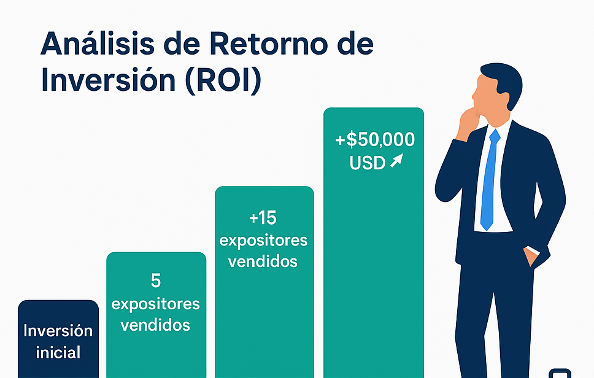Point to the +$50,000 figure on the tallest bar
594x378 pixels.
click(x=374, y=140)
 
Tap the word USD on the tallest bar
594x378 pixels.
click(x=367, y=163)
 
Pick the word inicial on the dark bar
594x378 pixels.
click(x=58, y=353)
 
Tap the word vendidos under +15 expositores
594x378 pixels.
click(x=263, y=261)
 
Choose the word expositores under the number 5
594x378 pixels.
click(x=156, y=304)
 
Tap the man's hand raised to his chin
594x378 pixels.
click(x=469, y=120)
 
